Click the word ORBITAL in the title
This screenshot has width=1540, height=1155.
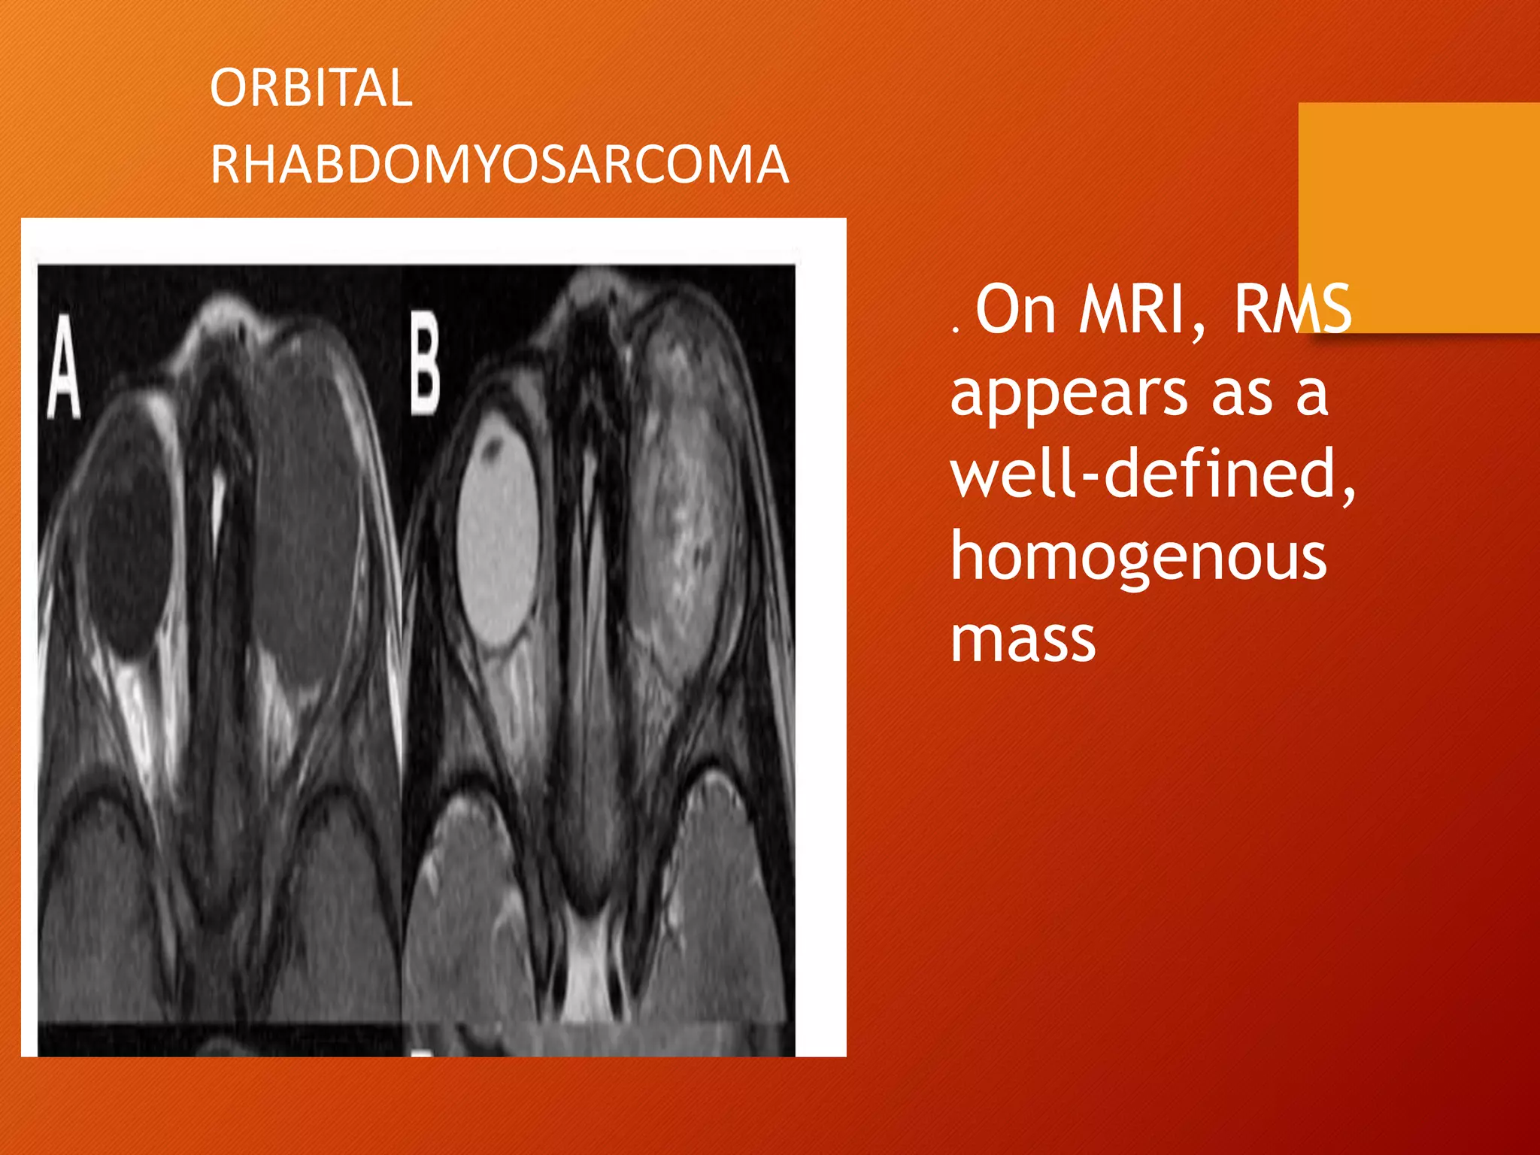pos(311,88)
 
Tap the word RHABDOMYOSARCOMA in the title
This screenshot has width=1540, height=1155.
pos(499,165)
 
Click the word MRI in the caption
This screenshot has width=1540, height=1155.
pos(1142,310)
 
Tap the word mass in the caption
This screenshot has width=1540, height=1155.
pos(1023,639)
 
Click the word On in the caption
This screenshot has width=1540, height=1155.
pos(1016,310)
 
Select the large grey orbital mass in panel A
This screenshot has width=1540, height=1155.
pos(305,511)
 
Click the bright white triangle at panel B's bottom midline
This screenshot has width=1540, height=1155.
pos(588,970)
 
